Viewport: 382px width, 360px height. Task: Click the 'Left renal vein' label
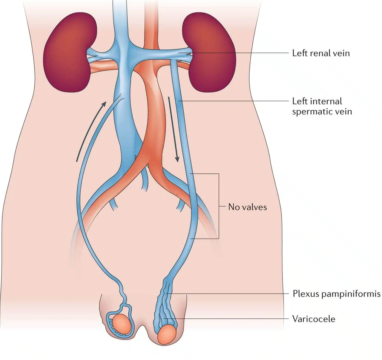(x=321, y=53)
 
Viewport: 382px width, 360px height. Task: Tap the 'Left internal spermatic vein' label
(x=322, y=106)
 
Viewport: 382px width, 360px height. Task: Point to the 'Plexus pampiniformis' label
(x=337, y=294)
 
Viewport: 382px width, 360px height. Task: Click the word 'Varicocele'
(x=314, y=319)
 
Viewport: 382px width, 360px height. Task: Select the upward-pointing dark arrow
(x=90, y=131)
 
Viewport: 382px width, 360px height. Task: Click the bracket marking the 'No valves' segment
(x=218, y=206)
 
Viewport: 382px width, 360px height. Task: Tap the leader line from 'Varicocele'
(x=233, y=319)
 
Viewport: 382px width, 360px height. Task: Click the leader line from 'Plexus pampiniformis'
(x=230, y=294)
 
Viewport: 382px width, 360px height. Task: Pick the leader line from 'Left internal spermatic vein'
(x=235, y=101)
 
